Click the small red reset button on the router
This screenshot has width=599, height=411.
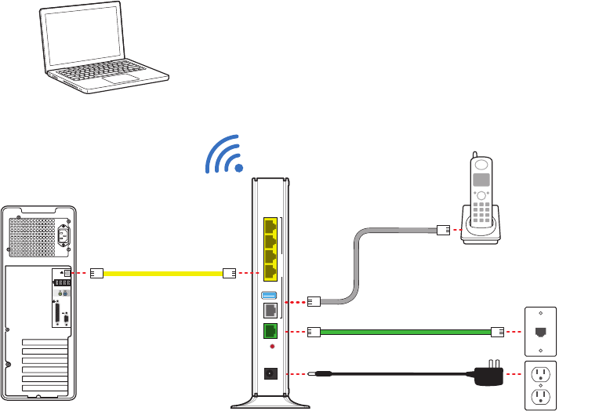(x=270, y=347)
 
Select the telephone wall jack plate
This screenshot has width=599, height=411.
(x=539, y=330)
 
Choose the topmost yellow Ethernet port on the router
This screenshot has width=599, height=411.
(x=270, y=225)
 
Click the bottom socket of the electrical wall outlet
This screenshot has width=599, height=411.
(x=539, y=396)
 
